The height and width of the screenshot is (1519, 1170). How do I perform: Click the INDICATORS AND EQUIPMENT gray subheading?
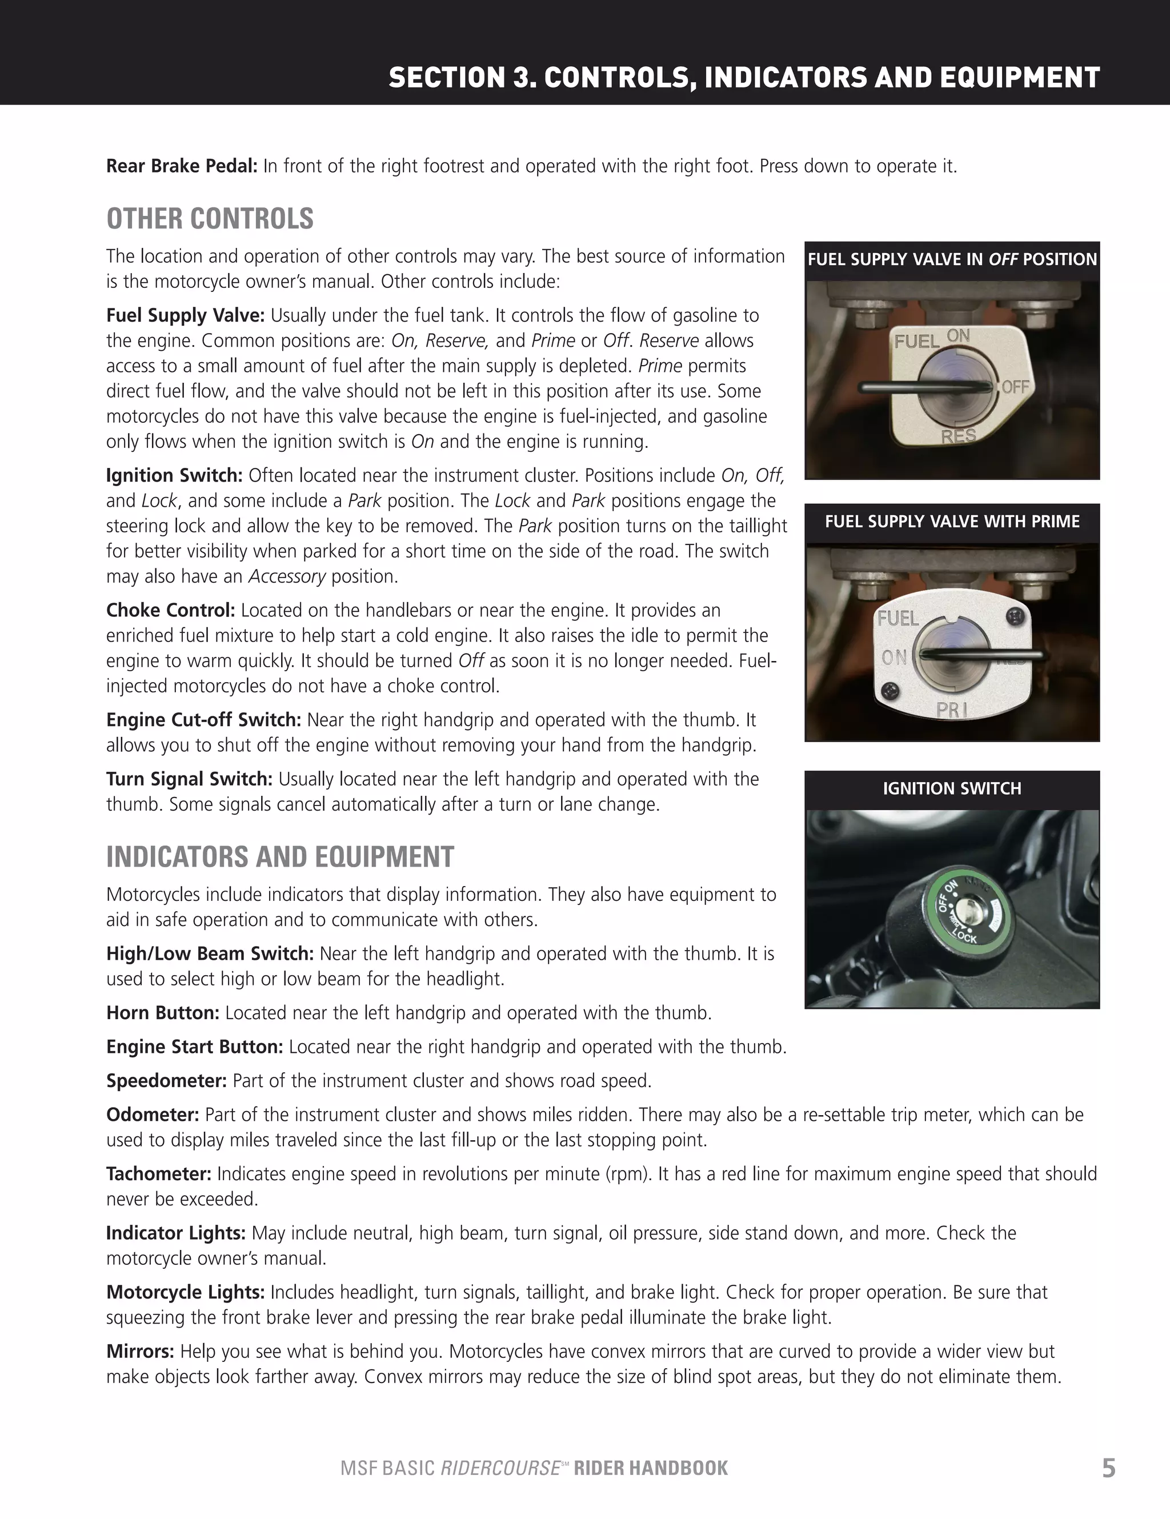click(279, 857)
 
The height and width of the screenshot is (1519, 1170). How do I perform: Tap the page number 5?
click(1108, 1468)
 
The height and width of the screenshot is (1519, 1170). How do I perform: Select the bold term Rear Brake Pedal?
click(182, 166)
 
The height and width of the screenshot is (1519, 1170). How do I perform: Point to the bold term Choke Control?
click(170, 610)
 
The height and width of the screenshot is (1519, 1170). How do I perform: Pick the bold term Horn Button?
click(163, 1013)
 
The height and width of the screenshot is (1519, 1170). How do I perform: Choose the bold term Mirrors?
click(140, 1352)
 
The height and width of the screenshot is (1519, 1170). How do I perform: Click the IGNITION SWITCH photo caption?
click(952, 789)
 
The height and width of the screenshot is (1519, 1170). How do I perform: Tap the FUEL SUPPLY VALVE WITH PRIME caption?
click(952, 522)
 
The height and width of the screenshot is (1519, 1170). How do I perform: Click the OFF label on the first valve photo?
click(1015, 387)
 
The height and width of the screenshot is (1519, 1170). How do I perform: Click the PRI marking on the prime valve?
click(952, 710)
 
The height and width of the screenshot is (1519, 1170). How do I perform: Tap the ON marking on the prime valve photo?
click(894, 658)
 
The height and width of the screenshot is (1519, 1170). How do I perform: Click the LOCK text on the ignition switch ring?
click(965, 937)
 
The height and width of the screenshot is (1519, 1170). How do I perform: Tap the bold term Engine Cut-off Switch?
click(203, 720)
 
